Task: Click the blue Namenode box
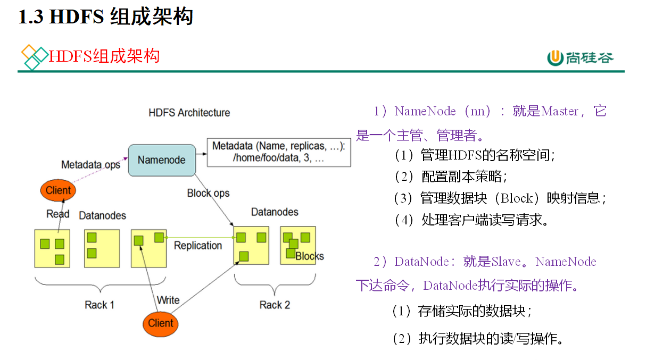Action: coord(162,160)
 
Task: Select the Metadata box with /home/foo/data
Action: coord(279,152)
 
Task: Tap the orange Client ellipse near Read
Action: coord(58,190)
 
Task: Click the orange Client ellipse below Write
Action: coord(161,323)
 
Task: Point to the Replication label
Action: coord(198,246)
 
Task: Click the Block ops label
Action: coord(209,193)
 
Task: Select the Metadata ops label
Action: coord(91,165)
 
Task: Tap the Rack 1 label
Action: coord(100,305)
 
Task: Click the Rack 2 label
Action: coord(275,305)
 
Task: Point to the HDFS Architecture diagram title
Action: coord(189,113)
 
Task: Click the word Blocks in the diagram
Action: coord(310,256)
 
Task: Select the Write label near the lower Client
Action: coord(168,300)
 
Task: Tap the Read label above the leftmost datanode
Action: coord(58,214)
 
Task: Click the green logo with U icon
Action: coord(581,57)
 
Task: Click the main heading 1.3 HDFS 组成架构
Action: coord(105,17)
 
